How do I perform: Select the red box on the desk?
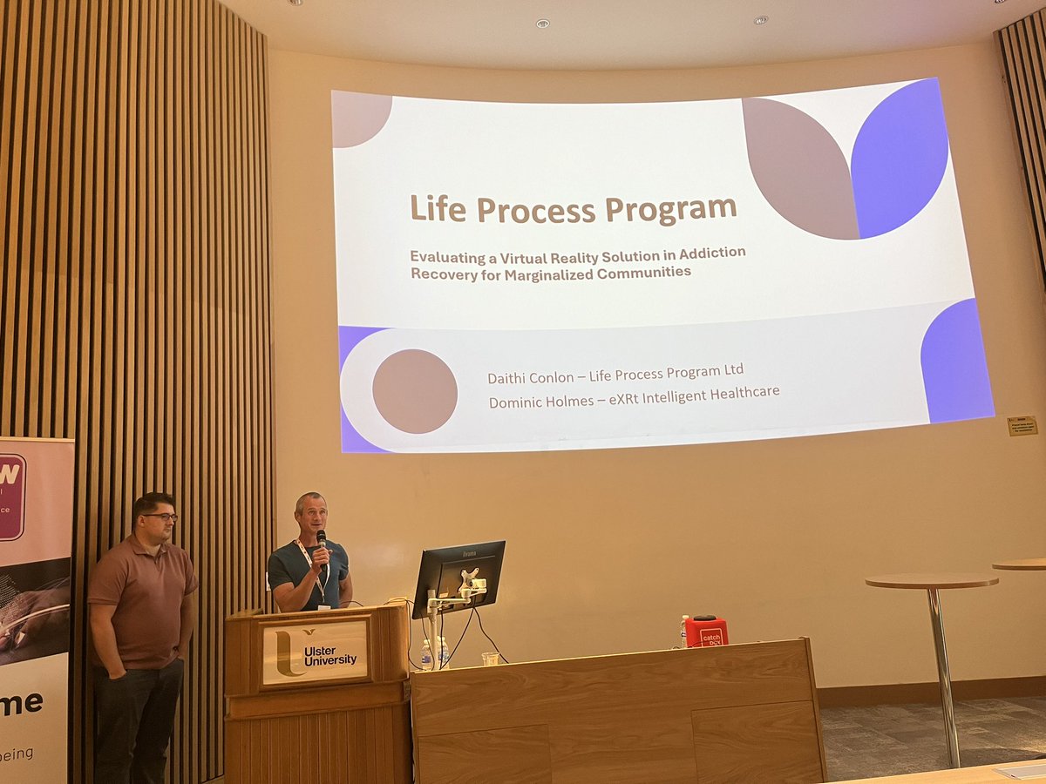705,632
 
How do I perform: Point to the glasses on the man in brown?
160,517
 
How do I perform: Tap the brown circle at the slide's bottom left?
414,391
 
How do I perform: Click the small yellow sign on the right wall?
1022,426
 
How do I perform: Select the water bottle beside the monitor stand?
426,654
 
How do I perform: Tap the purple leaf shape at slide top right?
900,157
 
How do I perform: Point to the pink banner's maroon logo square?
11,497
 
